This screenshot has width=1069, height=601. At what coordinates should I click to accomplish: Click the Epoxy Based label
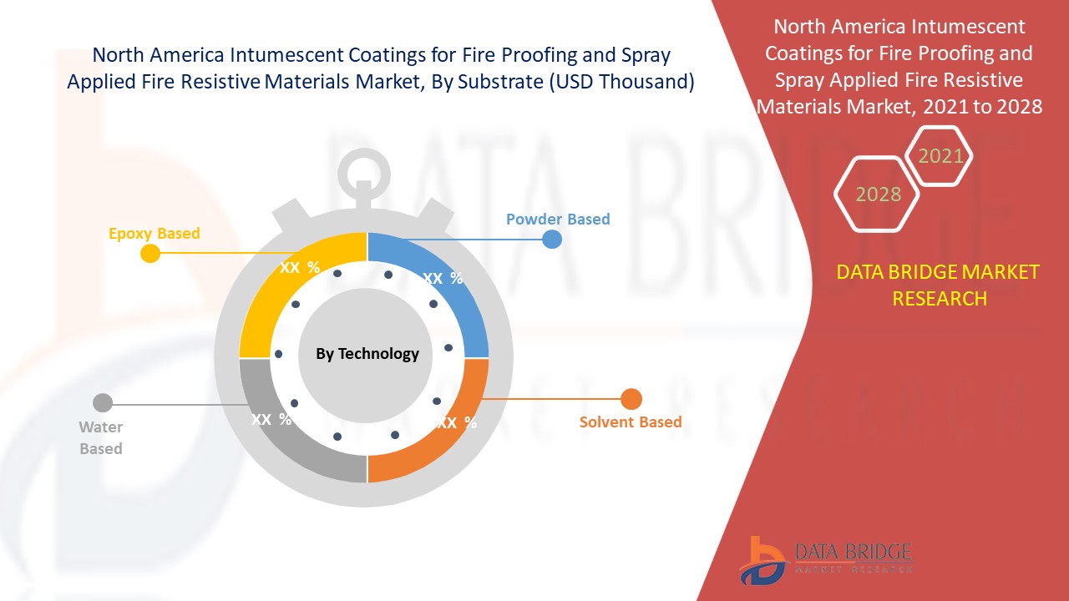pyautogui.click(x=155, y=233)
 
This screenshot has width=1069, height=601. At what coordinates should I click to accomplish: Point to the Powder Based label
pyautogui.click(x=558, y=219)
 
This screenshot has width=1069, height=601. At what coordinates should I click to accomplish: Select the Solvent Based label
pyautogui.click(x=631, y=422)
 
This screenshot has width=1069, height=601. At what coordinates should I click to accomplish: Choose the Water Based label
pyautogui.click(x=101, y=437)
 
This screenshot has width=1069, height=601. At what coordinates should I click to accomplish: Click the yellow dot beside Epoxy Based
pyautogui.click(x=150, y=253)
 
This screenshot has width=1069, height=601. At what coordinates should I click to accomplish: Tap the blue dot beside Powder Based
pyautogui.click(x=552, y=240)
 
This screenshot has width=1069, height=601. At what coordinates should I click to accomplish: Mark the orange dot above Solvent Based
pyautogui.click(x=631, y=399)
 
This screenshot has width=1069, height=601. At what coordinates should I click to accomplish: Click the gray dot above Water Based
pyautogui.click(x=102, y=403)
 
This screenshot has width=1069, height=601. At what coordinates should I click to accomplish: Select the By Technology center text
pyautogui.click(x=367, y=353)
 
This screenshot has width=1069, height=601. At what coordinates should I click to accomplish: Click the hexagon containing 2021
pyautogui.click(x=940, y=155)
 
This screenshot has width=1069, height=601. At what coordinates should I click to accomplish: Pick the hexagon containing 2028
pyautogui.click(x=878, y=194)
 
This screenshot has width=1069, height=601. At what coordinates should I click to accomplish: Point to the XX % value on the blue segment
pyautogui.click(x=443, y=279)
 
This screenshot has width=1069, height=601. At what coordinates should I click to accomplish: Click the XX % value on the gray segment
pyautogui.click(x=271, y=419)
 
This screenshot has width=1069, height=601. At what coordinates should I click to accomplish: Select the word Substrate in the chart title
pyautogui.click(x=499, y=82)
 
